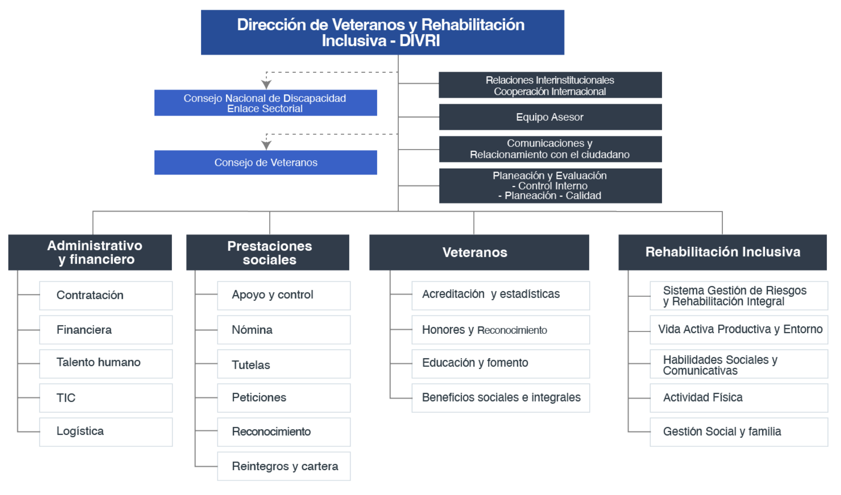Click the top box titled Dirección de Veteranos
coord(382,32)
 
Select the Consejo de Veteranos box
coord(266,162)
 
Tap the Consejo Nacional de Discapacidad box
coord(266,103)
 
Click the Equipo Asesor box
coord(550,117)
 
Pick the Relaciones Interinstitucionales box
coord(550,85)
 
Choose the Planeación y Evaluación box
coord(550,186)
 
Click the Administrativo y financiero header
coord(90,252)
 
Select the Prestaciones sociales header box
coord(268,252)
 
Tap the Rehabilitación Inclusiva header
coord(722,252)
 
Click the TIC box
coord(106,398)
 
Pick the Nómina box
coord(284,330)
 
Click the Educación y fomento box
coord(501,363)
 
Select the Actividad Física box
coord(739,398)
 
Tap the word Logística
coord(80,431)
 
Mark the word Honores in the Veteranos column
coord(443,330)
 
